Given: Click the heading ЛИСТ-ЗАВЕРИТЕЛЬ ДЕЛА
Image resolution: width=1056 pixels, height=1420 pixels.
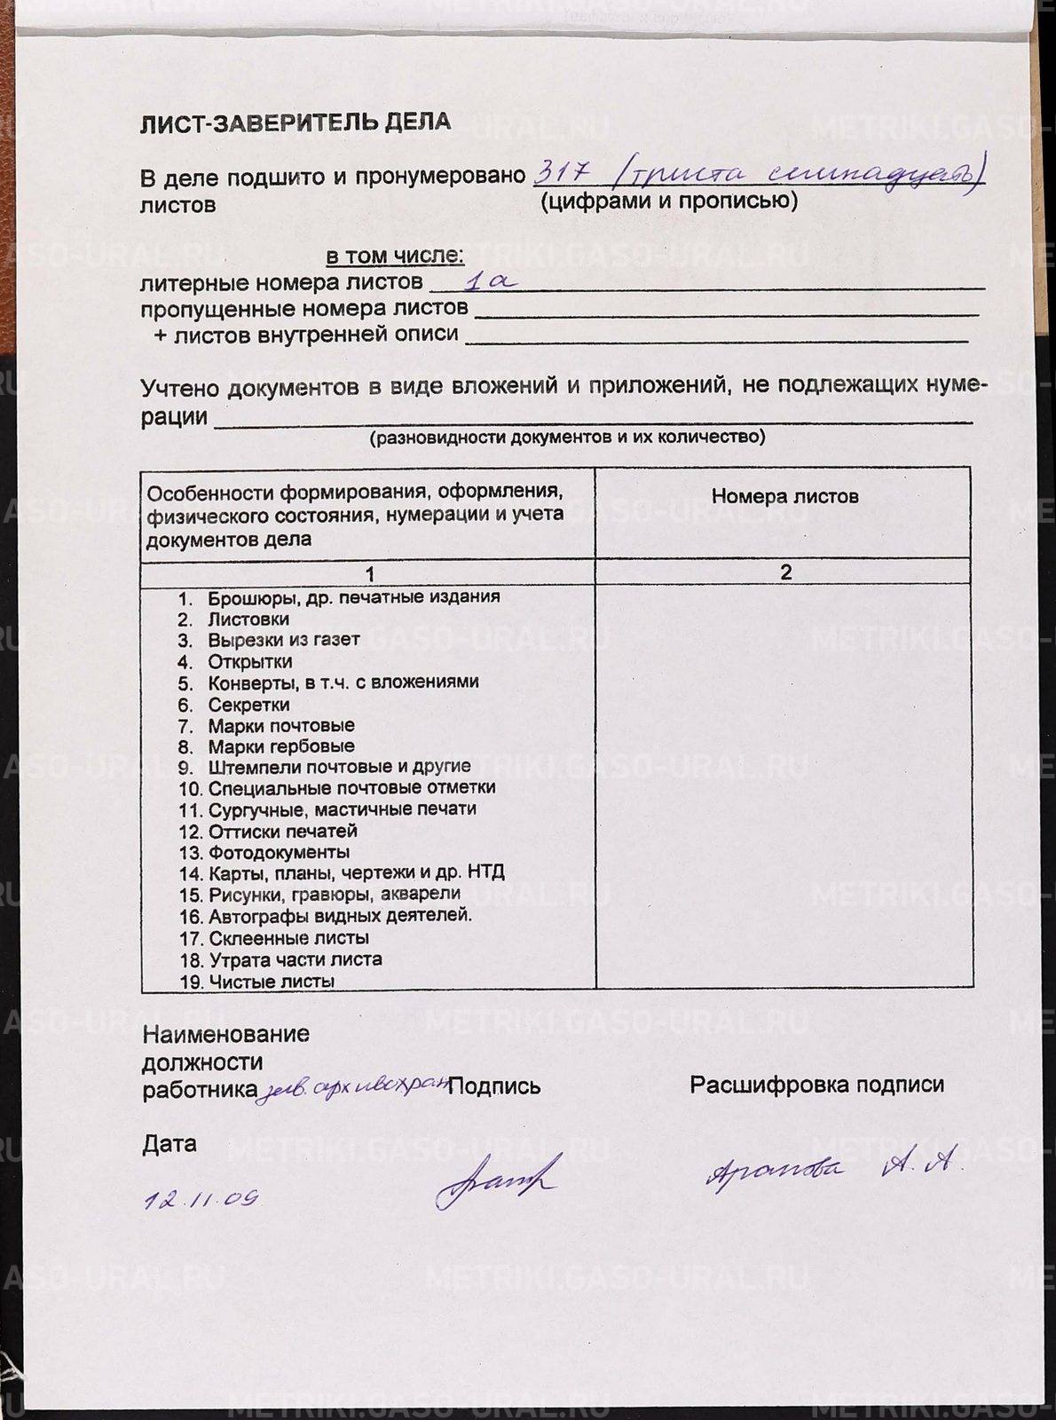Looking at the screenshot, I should click(x=295, y=122).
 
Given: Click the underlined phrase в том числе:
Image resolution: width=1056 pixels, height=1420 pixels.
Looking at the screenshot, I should click(x=395, y=256).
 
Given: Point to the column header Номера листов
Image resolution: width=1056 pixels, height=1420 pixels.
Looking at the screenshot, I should click(x=784, y=496).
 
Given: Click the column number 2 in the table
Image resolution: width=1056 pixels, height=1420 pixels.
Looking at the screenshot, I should click(x=784, y=572).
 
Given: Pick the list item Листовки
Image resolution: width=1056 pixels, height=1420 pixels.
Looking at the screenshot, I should click(x=248, y=619).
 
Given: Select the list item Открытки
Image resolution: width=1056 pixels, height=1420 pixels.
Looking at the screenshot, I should click(x=250, y=661).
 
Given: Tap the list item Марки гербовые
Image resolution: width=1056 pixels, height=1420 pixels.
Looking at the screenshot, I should click(x=281, y=746).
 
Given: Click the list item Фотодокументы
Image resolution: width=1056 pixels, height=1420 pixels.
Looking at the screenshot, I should click(x=279, y=853).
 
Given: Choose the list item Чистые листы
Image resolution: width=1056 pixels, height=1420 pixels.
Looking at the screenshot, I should click(x=272, y=982).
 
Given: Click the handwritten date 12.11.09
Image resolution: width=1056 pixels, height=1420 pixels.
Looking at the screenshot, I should click(x=201, y=1200).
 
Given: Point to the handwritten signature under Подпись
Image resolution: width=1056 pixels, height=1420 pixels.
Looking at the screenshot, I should click(x=498, y=1179).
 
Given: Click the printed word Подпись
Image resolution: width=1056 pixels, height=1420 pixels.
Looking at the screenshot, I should click(x=494, y=1085).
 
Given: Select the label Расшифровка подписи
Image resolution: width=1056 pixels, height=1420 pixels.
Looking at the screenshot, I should click(x=816, y=1085).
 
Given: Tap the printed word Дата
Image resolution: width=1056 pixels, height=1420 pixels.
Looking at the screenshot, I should click(x=169, y=1143).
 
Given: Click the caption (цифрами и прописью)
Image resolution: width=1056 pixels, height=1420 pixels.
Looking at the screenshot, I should click(x=669, y=201).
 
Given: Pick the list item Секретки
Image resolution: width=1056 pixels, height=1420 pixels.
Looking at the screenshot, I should click(x=248, y=705).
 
